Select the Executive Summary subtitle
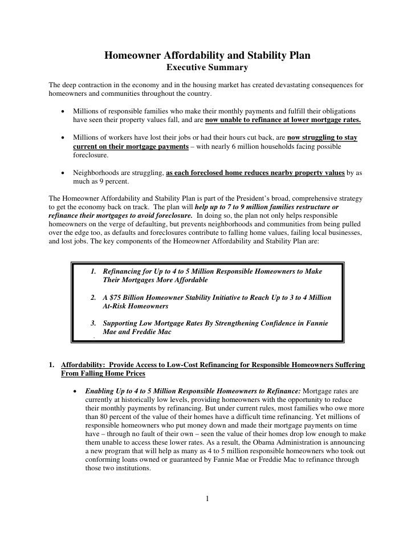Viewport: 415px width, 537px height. tap(207, 68)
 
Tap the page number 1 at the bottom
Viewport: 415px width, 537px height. tap(207, 500)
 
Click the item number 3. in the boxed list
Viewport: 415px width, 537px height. tap(94, 323)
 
